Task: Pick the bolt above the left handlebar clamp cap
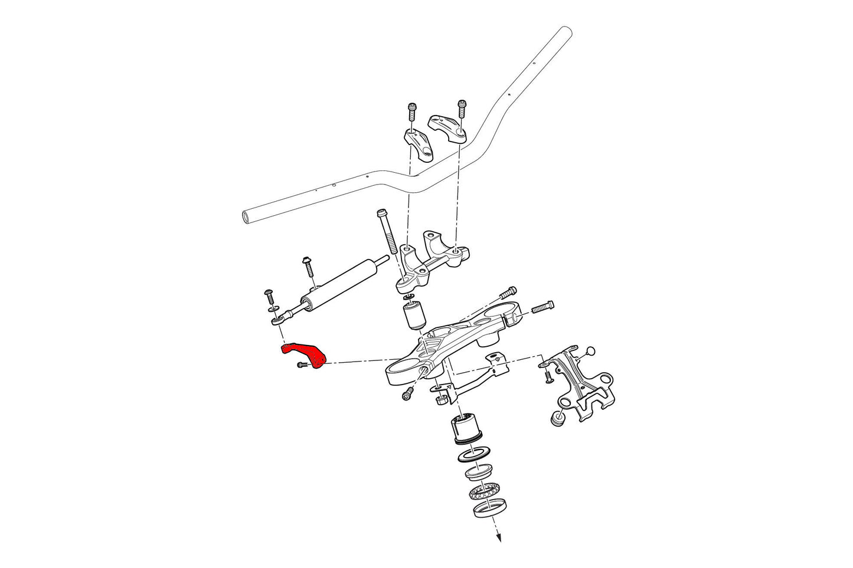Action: click(x=411, y=112)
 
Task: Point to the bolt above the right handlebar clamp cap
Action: click(x=462, y=109)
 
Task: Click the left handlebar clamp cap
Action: click(x=419, y=143)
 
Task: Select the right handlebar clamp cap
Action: click(x=449, y=127)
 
